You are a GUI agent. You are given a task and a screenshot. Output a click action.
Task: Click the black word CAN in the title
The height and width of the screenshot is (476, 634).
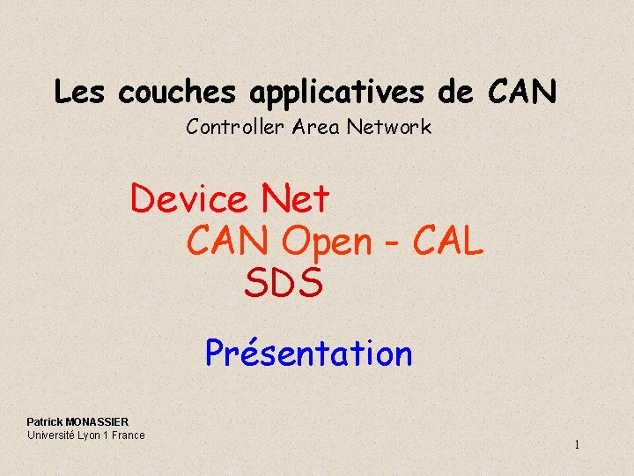click(522, 92)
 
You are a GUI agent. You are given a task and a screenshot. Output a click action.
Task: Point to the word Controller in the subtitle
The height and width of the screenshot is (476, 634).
click(233, 127)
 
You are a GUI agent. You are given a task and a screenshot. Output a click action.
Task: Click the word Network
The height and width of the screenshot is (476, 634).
click(388, 127)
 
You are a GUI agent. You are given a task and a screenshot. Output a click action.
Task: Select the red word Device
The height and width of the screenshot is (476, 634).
click(189, 199)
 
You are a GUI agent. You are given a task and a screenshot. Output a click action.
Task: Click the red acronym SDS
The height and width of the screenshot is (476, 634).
click(284, 283)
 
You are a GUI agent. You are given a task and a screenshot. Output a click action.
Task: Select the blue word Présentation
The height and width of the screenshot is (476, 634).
click(308, 353)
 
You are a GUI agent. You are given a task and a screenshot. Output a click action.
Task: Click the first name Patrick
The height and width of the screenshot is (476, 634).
click(44, 422)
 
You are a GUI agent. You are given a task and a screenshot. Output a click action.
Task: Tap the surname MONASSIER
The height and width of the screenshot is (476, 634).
click(97, 422)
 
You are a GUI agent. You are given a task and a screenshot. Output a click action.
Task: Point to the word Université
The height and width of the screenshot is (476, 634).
click(51, 435)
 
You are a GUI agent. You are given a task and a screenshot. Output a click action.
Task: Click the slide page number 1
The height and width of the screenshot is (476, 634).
click(577, 445)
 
